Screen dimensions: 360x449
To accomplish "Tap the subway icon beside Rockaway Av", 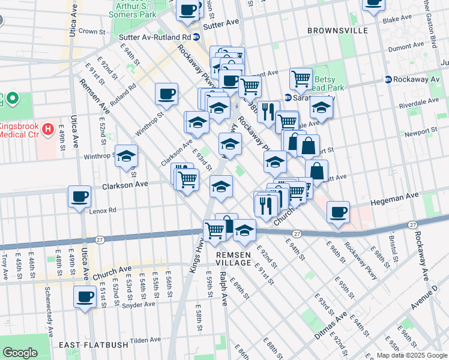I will point(388,79).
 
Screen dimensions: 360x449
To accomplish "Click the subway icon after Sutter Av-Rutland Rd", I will point(196,37).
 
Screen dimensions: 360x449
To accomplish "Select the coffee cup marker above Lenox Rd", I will point(79,197).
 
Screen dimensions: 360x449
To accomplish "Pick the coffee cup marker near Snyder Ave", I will point(85,296).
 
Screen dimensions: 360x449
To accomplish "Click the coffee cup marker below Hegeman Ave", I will point(339,212).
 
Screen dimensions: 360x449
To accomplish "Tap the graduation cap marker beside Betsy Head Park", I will point(322,107).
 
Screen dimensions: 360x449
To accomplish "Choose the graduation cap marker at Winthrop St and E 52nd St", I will point(126,156).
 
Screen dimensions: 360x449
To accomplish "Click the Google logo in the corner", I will point(20,353).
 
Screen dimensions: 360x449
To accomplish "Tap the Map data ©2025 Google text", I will point(411,355).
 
